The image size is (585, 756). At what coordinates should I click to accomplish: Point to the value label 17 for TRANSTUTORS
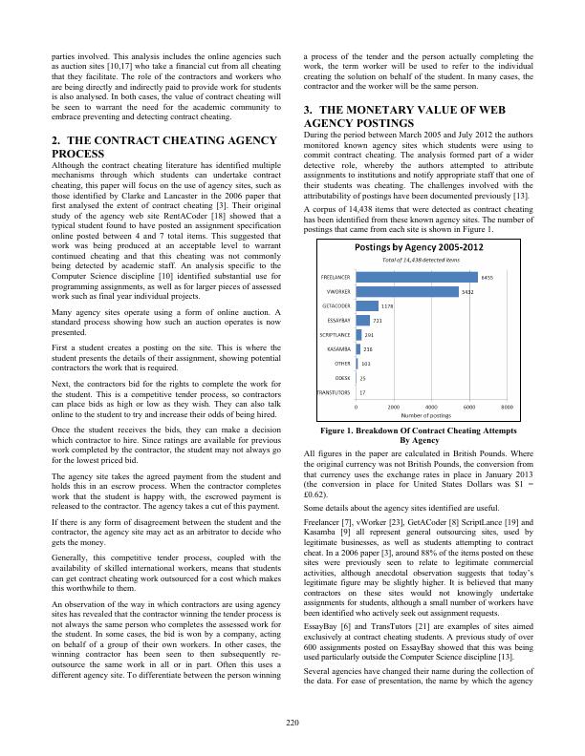coord(362,391)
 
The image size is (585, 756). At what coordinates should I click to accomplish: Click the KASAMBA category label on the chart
coord(337,349)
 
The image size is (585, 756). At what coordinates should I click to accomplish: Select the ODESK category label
coord(341,378)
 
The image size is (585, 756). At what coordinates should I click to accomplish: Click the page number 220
coord(292,722)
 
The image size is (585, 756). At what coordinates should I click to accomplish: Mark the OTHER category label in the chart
coord(342,364)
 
